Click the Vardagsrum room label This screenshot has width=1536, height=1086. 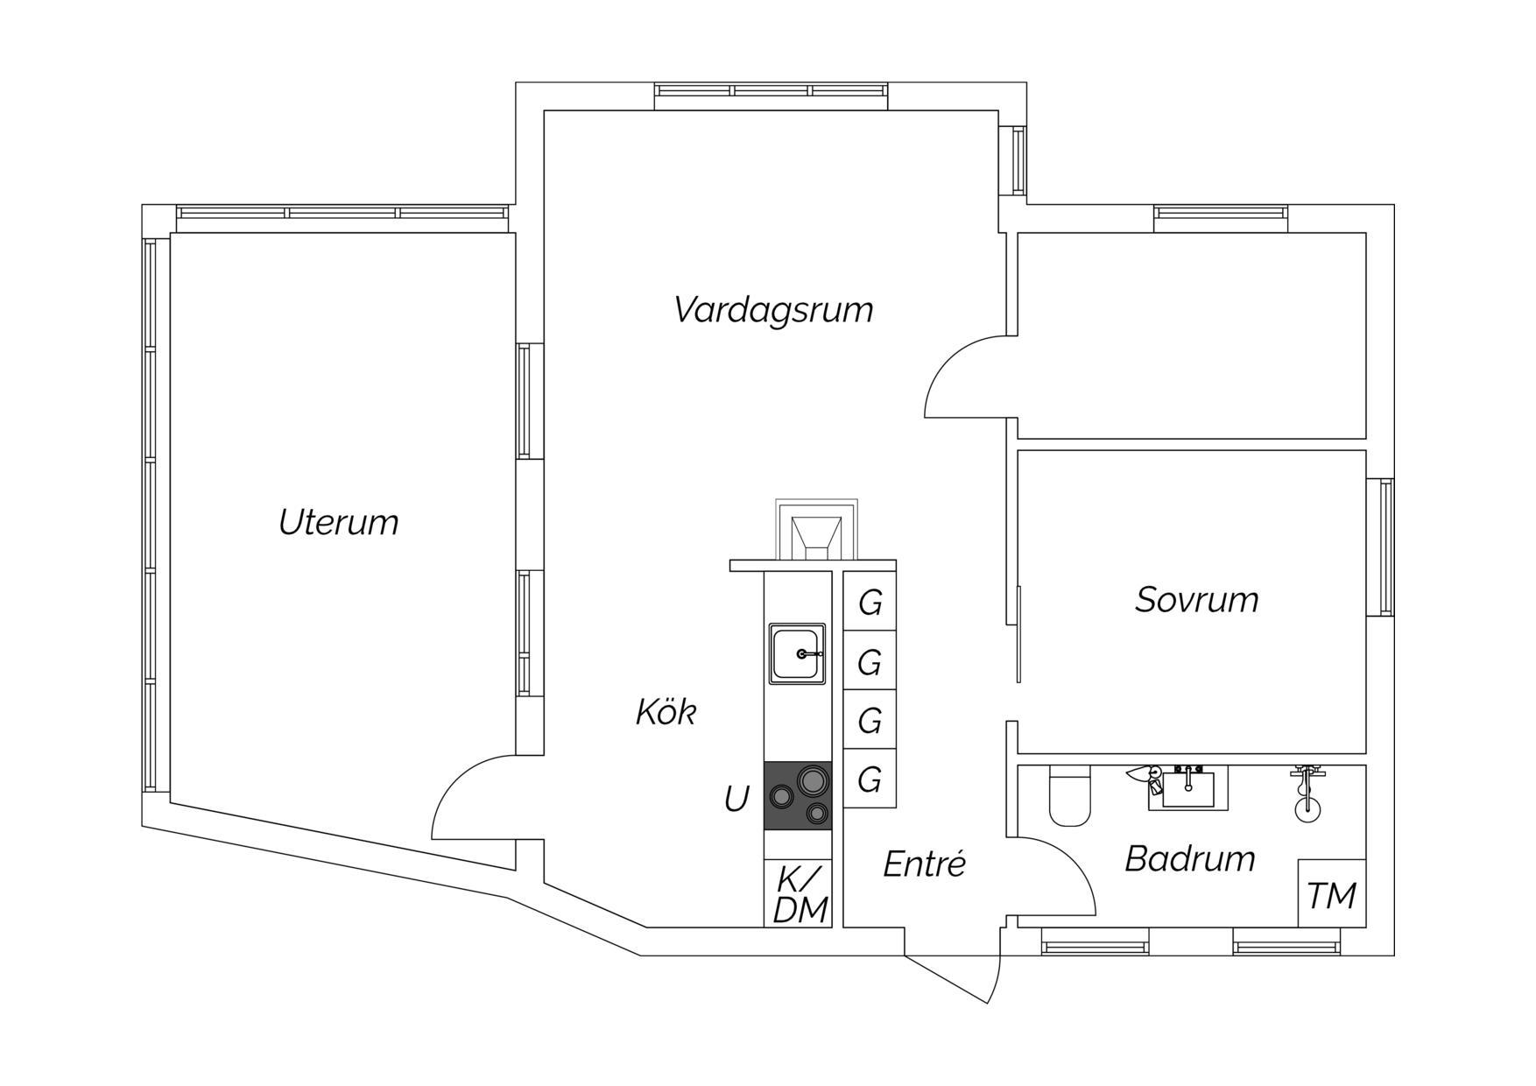(x=774, y=310)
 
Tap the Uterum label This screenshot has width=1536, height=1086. (x=338, y=522)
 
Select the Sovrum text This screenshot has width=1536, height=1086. (x=1197, y=599)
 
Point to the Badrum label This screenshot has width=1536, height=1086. (x=1190, y=858)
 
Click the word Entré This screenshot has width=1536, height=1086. (x=924, y=864)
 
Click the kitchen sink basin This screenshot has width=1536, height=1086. (x=797, y=653)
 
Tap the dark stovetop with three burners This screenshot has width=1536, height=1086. (x=797, y=796)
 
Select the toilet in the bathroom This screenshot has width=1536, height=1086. (x=1069, y=796)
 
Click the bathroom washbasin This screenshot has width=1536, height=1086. (x=1188, y=787)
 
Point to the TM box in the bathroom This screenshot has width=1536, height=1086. (x=1332, y=893)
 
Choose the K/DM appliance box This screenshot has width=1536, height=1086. (x=798, y=893)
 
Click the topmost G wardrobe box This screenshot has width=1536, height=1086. (x=870, y=601)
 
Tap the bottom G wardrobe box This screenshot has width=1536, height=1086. (x=870, y=779)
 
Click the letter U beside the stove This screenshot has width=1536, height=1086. (x=736, y=799)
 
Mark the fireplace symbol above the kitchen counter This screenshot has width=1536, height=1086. (x=816, y=530)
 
